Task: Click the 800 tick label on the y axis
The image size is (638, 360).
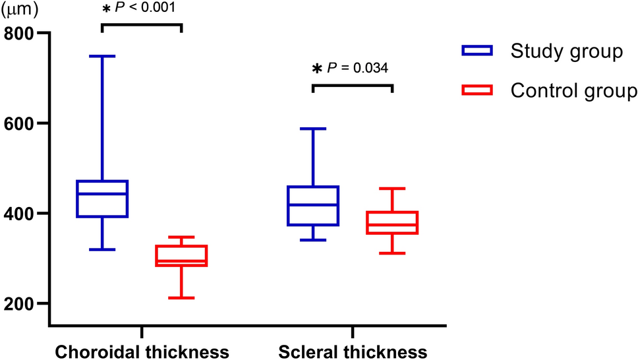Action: (x=20, y=33)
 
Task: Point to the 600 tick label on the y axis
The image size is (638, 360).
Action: (x=20, y=123)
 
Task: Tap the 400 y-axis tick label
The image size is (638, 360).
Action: (x=20, y=214)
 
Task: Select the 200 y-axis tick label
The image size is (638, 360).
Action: (x=20, y=304)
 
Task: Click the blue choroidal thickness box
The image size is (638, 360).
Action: (x=102, y=198)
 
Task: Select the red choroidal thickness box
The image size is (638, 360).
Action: (x=182, y=255)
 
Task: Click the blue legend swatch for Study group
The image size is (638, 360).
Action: (x=478, y=51)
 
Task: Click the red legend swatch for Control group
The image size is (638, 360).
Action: (x=478, y=90)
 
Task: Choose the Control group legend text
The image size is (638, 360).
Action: (x=573, y=90)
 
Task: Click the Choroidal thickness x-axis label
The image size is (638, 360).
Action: (x=142, y=351)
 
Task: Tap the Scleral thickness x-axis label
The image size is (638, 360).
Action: (x=353, y=351)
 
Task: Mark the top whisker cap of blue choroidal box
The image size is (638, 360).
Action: (x=102, y=56)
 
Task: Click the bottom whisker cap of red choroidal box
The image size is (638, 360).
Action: (x=182, y=298)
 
